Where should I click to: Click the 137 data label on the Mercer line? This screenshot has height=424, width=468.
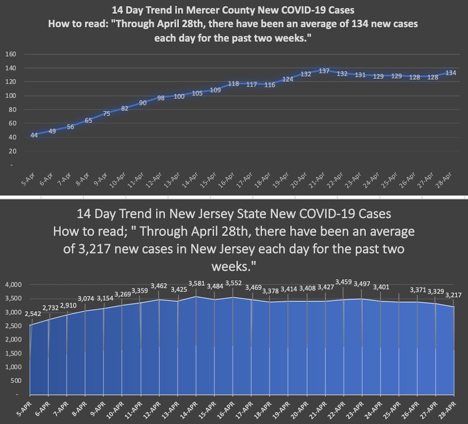(x=324, y=71)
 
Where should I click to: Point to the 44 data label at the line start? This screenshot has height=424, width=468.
(x=34, y=135)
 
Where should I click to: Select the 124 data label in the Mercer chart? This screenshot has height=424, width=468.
(x=288, y=79)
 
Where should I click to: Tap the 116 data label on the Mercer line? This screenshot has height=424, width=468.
(x=269, y=85)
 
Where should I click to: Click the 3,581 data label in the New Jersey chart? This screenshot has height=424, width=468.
(x=197, y=284)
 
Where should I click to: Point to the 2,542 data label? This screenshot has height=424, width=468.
(x=32, y=314)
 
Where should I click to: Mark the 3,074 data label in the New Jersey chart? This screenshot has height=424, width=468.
(x=86, y=299)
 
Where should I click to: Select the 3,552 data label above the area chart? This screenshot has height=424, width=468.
(x=233, y=283)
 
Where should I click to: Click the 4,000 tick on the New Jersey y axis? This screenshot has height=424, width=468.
(x=13, y=285)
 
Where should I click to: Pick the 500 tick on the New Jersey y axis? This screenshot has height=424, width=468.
(x=16, y=380)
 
